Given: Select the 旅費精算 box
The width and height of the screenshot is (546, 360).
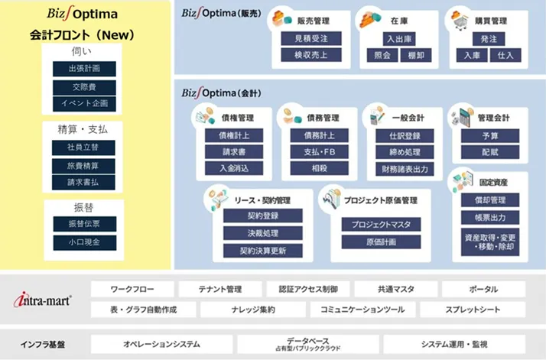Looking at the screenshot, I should click(x=84, y=165).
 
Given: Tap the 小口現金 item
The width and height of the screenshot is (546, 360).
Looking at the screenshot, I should click(x=84, y=242).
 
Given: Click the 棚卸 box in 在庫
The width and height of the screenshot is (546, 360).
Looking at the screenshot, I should click(x=416, y=55).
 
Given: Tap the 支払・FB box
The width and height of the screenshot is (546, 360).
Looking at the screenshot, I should click(x=319, y=151).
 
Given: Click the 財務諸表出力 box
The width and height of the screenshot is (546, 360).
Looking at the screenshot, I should click(x=405, y=167).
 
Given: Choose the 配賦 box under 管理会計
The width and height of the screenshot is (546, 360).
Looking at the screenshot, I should click(x=490, y=151).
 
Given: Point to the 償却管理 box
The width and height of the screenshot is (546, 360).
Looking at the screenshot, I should click(x=490, y=200).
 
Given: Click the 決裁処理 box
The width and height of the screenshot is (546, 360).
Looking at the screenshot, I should click(x=263, y=233).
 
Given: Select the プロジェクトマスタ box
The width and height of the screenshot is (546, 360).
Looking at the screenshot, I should click(x=381, y=225).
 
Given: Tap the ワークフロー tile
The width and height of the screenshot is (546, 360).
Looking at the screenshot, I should click(x=132, y=290).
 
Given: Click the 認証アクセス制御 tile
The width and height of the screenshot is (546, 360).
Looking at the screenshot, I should click(x=308, y=290).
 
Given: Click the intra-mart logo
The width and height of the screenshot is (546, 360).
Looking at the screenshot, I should click(x=43, y=300).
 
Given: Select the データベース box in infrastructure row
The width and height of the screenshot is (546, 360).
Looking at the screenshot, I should click(x=308, y=344).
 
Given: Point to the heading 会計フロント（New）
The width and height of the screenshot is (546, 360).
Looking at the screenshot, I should click(x=83, y=34).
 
